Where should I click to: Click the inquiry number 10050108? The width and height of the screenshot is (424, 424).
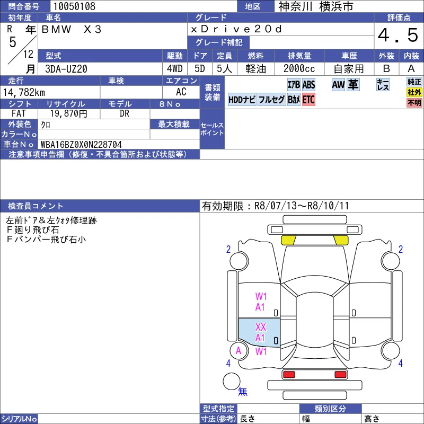click(74, 6)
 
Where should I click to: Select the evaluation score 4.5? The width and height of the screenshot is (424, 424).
click(398, 35)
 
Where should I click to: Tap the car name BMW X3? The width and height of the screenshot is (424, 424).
click(72, 29)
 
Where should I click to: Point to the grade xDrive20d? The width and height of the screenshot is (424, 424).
click(236, 29)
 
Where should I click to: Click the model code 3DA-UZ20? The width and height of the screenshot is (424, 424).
click(66, 69)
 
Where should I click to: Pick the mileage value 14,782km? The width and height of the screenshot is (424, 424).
click(24, 92)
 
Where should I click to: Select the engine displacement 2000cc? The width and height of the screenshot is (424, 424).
click(299, 69)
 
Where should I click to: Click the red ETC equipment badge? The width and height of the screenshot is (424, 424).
click(308, 100)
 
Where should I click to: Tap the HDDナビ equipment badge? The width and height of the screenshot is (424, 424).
click(242, 100)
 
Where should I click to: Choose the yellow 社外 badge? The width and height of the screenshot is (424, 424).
click(414, 92)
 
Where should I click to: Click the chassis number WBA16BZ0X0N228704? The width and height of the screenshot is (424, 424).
click(81, 144)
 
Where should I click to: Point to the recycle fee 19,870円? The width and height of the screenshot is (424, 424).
click(69, 113)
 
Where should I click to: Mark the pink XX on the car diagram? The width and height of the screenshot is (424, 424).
click(261, 327)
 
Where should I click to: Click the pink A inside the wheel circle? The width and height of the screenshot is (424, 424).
click(238, 351)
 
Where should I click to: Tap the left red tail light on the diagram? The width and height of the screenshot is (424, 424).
click(288, 375)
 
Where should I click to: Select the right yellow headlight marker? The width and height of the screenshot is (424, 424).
click(341, 240)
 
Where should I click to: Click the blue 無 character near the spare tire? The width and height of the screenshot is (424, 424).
click(243, 391)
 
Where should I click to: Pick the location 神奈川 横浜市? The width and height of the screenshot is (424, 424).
click(315, 6)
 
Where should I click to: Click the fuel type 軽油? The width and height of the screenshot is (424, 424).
click(256, 69)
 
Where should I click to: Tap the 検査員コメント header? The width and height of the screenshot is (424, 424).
click(36, 206)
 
